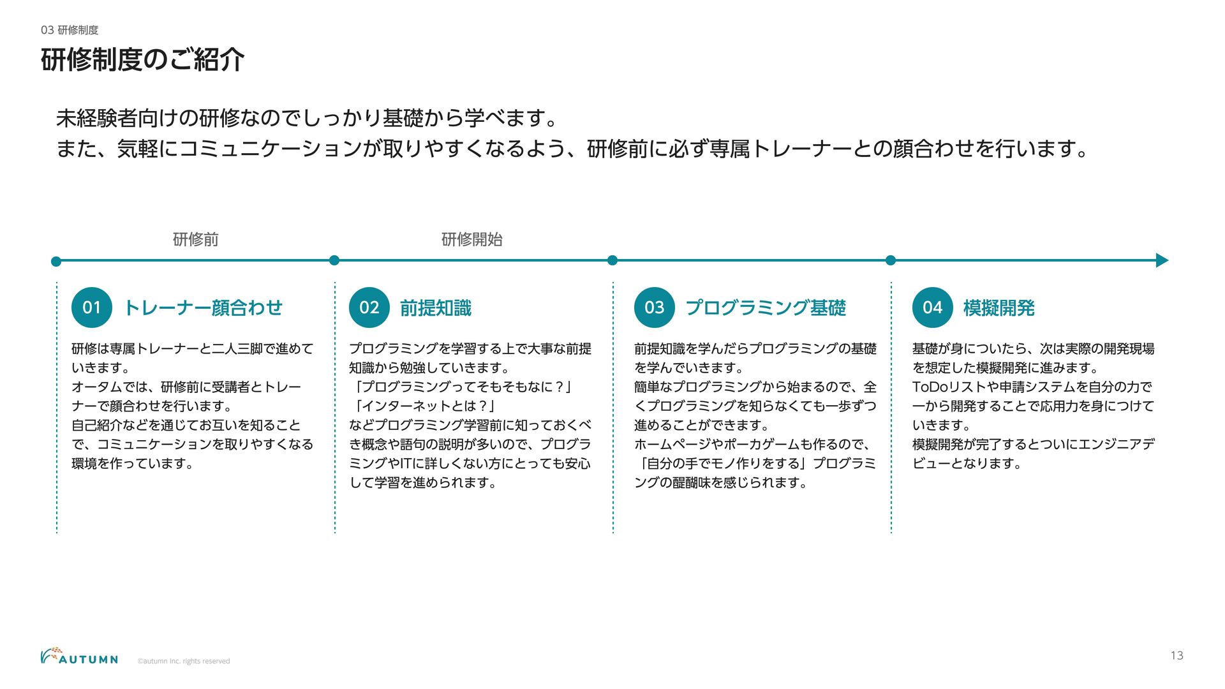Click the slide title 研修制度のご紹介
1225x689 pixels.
(142, 60)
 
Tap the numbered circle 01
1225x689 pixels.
(92, 307)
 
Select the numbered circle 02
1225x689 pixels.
(369, 307)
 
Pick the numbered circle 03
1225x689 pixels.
(655, 307)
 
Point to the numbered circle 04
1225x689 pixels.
(933, 307)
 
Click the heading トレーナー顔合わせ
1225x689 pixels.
(203, 307)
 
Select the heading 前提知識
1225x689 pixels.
(436, 308)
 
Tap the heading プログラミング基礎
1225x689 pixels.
(766, 307)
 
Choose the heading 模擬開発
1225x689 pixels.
(999, 308)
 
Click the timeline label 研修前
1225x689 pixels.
(196, 239)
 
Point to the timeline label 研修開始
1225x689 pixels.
(472, 239)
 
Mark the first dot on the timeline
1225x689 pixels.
(56, 261)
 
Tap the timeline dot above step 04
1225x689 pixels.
(891, 260)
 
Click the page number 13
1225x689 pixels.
(1177, 655)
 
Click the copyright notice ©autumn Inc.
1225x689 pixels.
(184, 661)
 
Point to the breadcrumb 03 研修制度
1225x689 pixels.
(70, 30)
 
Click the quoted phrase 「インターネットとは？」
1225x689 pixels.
(426, 406)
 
